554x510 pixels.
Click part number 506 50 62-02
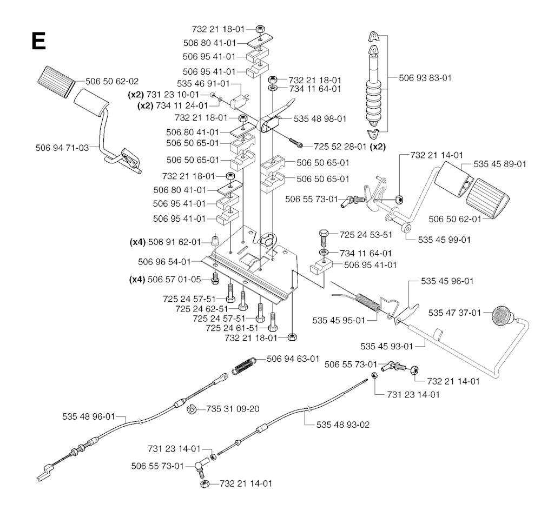[112, 82]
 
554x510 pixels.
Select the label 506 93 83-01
[425, 78]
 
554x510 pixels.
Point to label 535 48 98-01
[320, 118]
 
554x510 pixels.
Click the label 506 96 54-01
[164, 261]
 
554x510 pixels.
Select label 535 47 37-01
[454, 313]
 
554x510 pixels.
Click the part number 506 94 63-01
[292, 358]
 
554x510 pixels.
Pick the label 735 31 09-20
[232, 408]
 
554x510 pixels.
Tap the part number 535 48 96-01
[89, 416]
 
